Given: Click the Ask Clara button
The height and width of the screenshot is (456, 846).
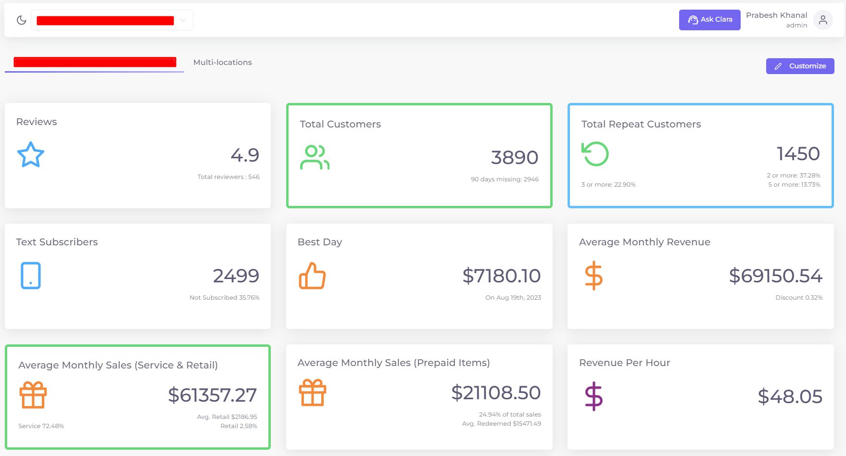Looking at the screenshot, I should click(709, 20).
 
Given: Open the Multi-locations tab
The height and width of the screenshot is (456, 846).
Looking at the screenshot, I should click(222, 63).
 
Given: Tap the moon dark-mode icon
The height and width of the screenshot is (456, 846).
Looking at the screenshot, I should click(21, 20).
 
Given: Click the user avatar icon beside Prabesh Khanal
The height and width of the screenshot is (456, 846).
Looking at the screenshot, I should click(823, 20).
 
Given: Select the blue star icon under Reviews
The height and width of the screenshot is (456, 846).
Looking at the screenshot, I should click(31, 154).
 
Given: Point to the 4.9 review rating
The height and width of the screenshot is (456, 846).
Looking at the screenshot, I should click(245, 155).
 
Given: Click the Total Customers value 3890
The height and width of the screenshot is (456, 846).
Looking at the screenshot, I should click(514, 157).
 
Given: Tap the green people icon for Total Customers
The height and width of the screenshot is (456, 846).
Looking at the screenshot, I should click(315, 157).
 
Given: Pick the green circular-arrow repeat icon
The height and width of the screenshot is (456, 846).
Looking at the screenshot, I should click(595, 154).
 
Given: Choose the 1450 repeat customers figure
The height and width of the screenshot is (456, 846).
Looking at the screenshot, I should click(798, 154).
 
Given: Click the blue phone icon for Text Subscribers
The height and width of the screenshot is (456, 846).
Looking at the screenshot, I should click(31, 276).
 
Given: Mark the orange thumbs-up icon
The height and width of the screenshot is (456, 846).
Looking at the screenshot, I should click(312, 276).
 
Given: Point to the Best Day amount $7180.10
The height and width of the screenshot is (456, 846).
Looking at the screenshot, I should click(501, 276).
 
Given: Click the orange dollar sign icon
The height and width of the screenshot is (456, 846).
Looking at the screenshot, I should click(593, 276).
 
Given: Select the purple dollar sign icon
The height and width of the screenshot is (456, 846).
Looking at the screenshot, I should click(593, 396).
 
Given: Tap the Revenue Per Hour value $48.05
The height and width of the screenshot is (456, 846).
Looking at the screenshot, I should click(790, 396).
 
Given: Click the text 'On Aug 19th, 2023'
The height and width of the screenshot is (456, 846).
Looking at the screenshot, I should click(513, 298).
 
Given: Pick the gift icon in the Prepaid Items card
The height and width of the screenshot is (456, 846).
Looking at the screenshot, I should click(313, 393).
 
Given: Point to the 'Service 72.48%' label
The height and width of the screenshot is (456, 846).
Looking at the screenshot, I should click(41, 426).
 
